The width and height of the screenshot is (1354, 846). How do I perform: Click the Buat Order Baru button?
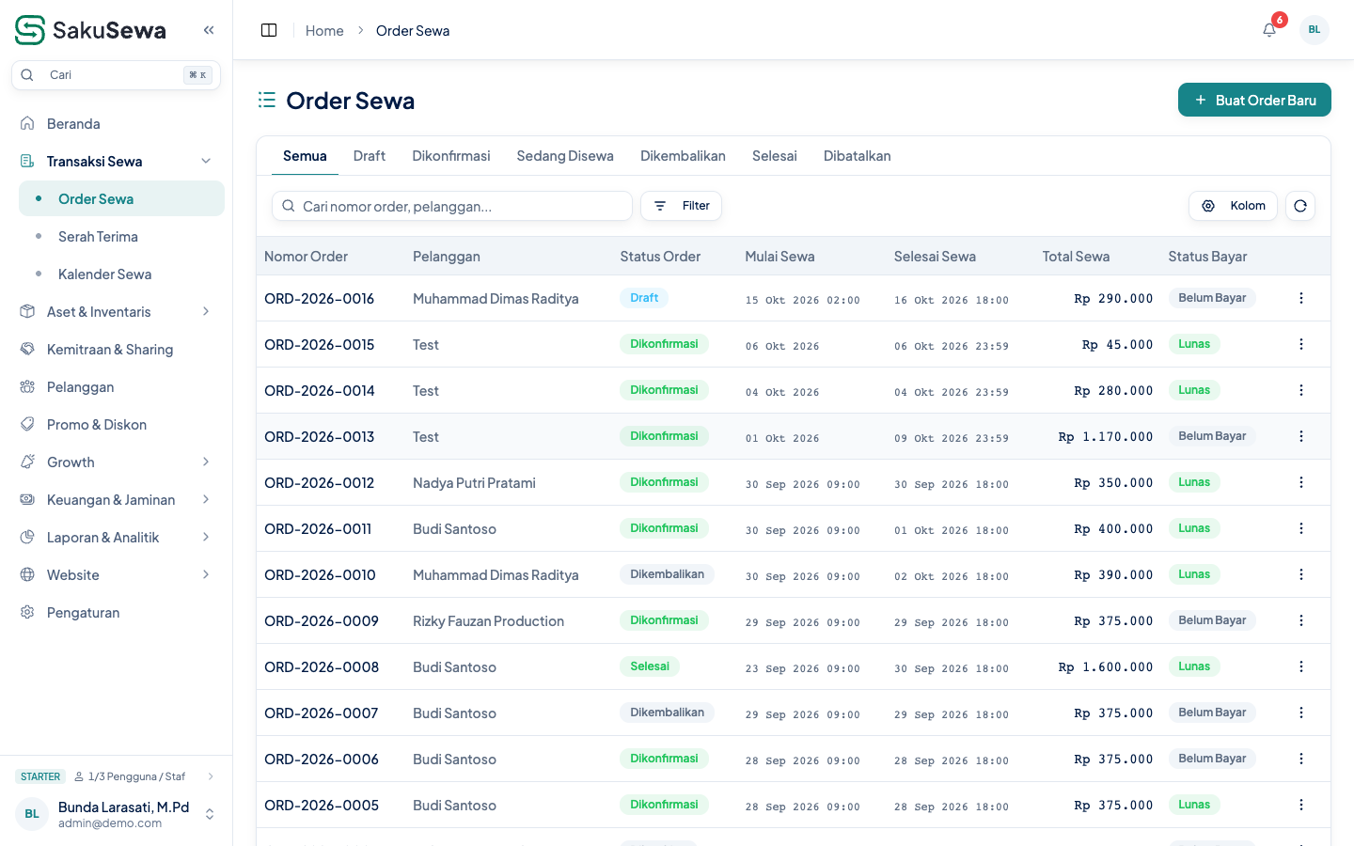(x=1254, y=100)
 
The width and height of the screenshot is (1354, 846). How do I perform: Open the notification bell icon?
(x=1269, y=30)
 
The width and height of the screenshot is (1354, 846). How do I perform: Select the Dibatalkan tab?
(x=857, y=156)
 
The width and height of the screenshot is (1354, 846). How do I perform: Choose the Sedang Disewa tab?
(x=564, y=156)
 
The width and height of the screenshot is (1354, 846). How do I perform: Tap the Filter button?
(x=681, y=206)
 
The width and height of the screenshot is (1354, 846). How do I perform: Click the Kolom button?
(x=1233, y=206)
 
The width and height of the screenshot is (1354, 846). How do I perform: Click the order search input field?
(x=452, y=206)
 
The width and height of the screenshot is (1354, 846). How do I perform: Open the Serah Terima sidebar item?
(x=98, y=237)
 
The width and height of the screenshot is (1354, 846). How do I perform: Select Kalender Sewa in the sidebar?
(x=104, y=274)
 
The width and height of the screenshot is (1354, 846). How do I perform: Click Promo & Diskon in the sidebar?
(x=97, y=425)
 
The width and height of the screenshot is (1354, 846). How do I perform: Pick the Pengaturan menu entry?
(x=84, y=613)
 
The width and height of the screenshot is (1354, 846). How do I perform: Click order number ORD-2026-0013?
(x=319, y=437)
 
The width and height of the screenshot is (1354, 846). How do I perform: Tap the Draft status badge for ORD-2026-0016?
(x=644, y=298)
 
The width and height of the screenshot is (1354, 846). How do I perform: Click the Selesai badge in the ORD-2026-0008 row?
(x=649, y=666)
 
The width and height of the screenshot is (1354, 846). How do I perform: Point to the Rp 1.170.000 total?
(x=1106, y=437)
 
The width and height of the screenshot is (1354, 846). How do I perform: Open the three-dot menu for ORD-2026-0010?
(x=1300, y=574)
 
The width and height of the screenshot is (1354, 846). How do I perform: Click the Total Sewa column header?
(x=1076, y=257)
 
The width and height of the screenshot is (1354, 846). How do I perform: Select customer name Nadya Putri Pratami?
(x=474, y=483)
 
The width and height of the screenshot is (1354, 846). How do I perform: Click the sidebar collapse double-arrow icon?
(x=209, y=30)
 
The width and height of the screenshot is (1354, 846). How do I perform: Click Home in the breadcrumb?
(x=324, y=31)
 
